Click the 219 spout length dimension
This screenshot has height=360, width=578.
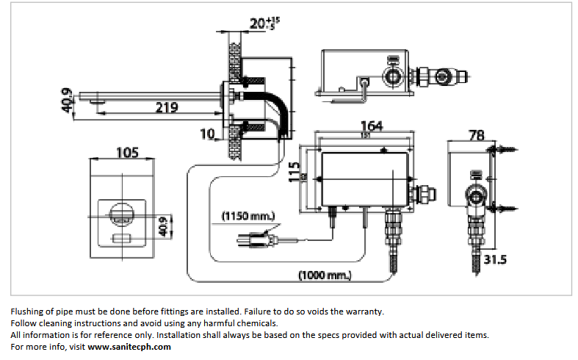click(x=167, y=107)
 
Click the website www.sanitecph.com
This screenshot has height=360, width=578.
click(x=129, y=347)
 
